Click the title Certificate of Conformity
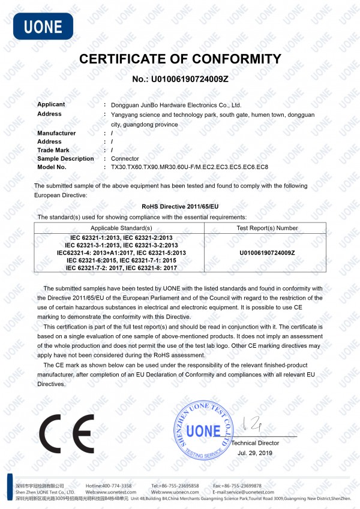click(180, 59)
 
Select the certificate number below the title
click(180, 79)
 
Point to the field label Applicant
click(51, 104)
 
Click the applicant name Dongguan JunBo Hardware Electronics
click(172, 104)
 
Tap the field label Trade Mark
click(53, 150)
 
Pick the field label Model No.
click(52, 167)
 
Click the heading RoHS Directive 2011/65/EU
click(180, 205)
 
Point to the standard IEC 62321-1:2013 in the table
click(96, 238)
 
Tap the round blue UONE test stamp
click(202, 430)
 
